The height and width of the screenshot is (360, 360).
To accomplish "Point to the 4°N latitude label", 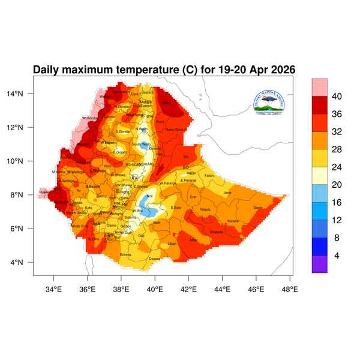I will [24, 262].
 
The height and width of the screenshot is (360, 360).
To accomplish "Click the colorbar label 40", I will [337, 97].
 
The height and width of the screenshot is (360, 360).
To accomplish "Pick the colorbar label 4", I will [337, 255].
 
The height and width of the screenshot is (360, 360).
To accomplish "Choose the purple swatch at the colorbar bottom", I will [319, 265].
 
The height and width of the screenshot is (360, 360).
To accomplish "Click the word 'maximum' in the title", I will [97, 70].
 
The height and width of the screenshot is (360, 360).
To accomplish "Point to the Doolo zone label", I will [258, 208].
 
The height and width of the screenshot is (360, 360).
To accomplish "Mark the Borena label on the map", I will [126, 254].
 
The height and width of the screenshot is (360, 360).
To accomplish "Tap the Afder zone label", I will [193, 240].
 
